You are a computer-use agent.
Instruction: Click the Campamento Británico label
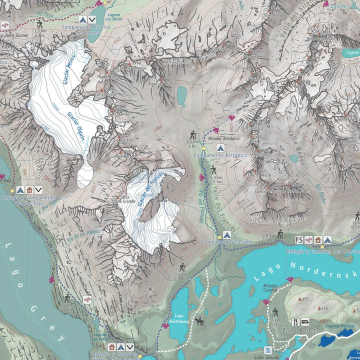point(220,155)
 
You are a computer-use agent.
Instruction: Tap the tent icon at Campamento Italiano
point(226,234)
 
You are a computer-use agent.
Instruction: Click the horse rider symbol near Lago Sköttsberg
point(200,321)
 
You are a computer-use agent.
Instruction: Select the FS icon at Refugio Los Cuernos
point(299,239)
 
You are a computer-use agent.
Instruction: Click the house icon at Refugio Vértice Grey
point(29,190)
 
